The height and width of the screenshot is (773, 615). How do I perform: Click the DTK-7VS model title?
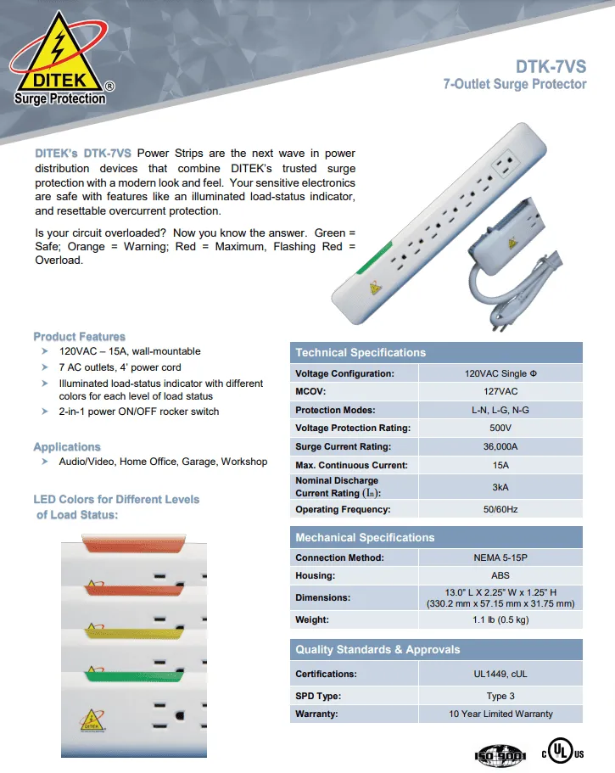tap(551, 66)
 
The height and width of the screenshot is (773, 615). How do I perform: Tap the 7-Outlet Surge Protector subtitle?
tap(515, 84)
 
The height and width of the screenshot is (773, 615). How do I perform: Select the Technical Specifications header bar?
tap(437, 352)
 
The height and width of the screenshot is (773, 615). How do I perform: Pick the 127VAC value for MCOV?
tap(500, 392)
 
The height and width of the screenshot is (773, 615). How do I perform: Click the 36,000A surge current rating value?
tap(500, 446)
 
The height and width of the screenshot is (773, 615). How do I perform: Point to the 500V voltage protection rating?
tap(500, 428)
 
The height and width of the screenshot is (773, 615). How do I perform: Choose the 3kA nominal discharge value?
tap(500, 487)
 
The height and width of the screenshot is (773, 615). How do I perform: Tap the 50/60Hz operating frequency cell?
tap(500, 510)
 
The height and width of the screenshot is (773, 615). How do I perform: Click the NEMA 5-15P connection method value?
tap(500, 557)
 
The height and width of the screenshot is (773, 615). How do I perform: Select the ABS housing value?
tap(500, 575)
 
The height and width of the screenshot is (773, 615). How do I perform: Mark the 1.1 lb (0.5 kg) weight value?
tap(500, 620)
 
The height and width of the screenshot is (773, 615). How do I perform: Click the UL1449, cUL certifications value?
tap(500, 674)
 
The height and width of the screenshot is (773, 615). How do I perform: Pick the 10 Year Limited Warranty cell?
tap(500, 714)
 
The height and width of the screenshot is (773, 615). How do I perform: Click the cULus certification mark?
tap(562, 753)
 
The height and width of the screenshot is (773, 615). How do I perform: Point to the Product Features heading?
tap(79, 337)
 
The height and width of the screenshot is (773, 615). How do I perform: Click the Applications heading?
tap(66, 447)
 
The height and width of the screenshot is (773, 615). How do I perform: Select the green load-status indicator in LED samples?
tap(136, 677)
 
